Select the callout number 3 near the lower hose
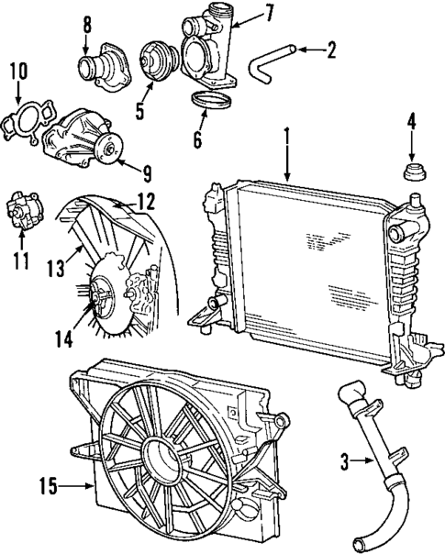(345, 464)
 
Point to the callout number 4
(412, 120)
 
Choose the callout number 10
(17, 71)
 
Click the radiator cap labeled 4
(412, 171)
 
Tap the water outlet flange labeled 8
(96, 67)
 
